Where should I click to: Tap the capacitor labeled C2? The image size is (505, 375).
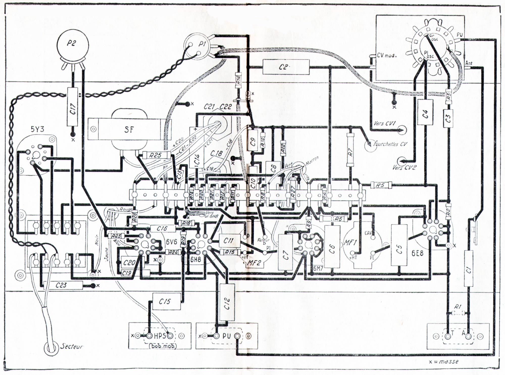tap(286, 67)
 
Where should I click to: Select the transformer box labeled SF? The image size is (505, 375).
tap(129, 129)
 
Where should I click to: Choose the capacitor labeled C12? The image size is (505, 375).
tap(227, 302)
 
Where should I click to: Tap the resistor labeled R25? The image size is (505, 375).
tap(156, 155)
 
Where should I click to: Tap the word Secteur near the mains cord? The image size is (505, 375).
tap(71, 346)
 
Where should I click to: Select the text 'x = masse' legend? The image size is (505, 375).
tap(444, 362)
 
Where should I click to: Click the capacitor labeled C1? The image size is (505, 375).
tap(468, 271)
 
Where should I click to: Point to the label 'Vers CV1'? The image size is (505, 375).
tap(385, 123)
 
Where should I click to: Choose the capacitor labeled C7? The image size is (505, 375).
tap(286, 255)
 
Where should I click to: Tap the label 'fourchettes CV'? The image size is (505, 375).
tap(390, 144)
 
